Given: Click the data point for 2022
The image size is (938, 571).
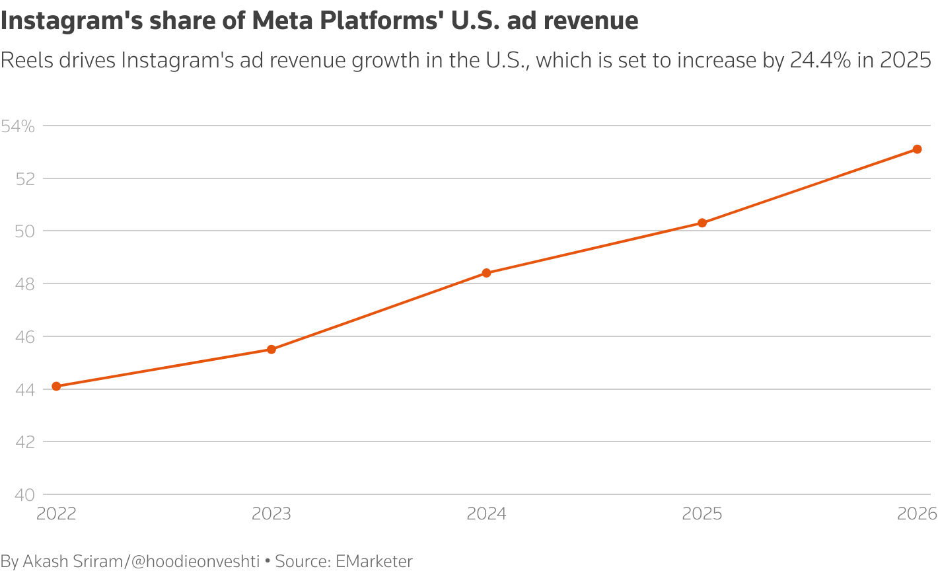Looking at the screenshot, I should coord(56,386).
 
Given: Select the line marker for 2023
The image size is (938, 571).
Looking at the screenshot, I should coord(271,349).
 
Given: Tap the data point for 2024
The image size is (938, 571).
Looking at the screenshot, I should coord(487,273).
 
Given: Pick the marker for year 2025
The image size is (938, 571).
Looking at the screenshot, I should coord(702,223).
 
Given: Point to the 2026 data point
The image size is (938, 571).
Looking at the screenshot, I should coord(918,149).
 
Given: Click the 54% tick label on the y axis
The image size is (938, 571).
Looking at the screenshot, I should coord(18,126).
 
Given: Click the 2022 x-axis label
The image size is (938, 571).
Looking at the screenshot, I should coord(56,514).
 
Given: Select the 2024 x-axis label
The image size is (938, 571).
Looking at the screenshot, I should coord(487,514).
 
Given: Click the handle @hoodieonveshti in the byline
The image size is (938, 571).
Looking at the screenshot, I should coord(196,561).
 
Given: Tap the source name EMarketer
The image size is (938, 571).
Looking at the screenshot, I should coord(374,561).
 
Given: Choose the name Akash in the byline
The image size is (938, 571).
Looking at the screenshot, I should coord(46,561).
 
